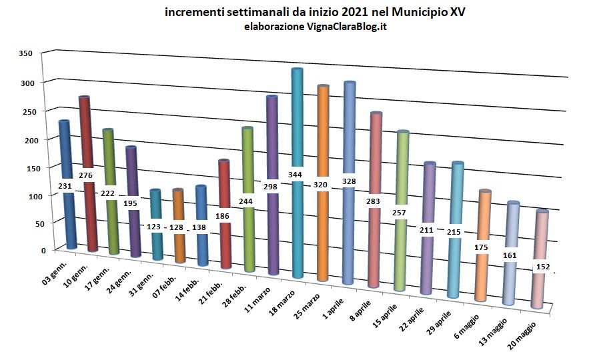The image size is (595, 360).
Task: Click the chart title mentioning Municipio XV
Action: (315, 12)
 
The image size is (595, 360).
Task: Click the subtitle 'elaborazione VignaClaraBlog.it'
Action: (316, 27)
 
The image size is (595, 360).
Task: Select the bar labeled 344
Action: (297, 173)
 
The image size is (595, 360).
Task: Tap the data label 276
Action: (85, 175)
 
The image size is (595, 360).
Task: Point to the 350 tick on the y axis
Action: (25, 53)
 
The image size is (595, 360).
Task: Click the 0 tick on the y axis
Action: (43, 251)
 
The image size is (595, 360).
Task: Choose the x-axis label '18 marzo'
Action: (281, 303)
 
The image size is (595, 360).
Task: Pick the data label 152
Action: (543, 267)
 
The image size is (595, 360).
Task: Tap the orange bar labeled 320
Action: (323, 183)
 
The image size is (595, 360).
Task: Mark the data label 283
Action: (373, 201)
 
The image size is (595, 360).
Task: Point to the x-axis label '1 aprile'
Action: (333, 309)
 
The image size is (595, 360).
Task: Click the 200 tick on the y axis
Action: (25, 141)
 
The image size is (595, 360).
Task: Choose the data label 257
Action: (399, 213)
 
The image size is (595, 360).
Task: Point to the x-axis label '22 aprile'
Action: (411, 321)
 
